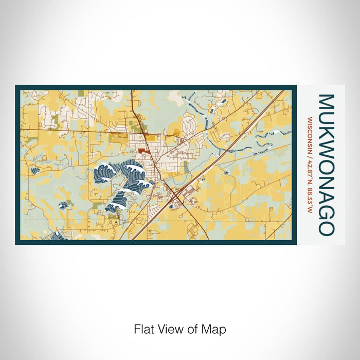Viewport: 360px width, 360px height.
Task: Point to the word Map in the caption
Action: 216,329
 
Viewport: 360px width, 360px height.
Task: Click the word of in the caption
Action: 194,329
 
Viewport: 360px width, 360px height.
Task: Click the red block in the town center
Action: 141,151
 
